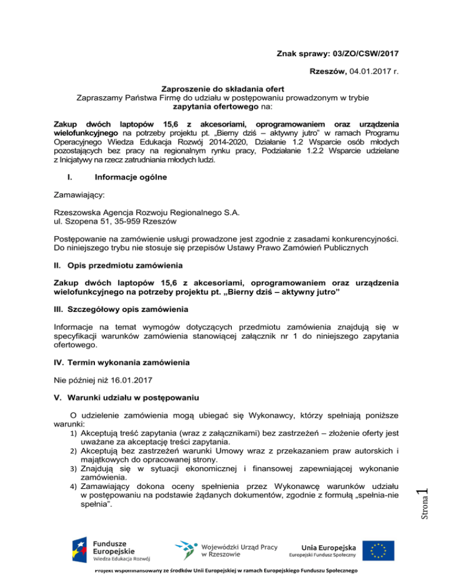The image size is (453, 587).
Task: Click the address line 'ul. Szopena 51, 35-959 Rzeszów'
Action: pos(122,222)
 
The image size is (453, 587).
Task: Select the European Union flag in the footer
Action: pos(379,549)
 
